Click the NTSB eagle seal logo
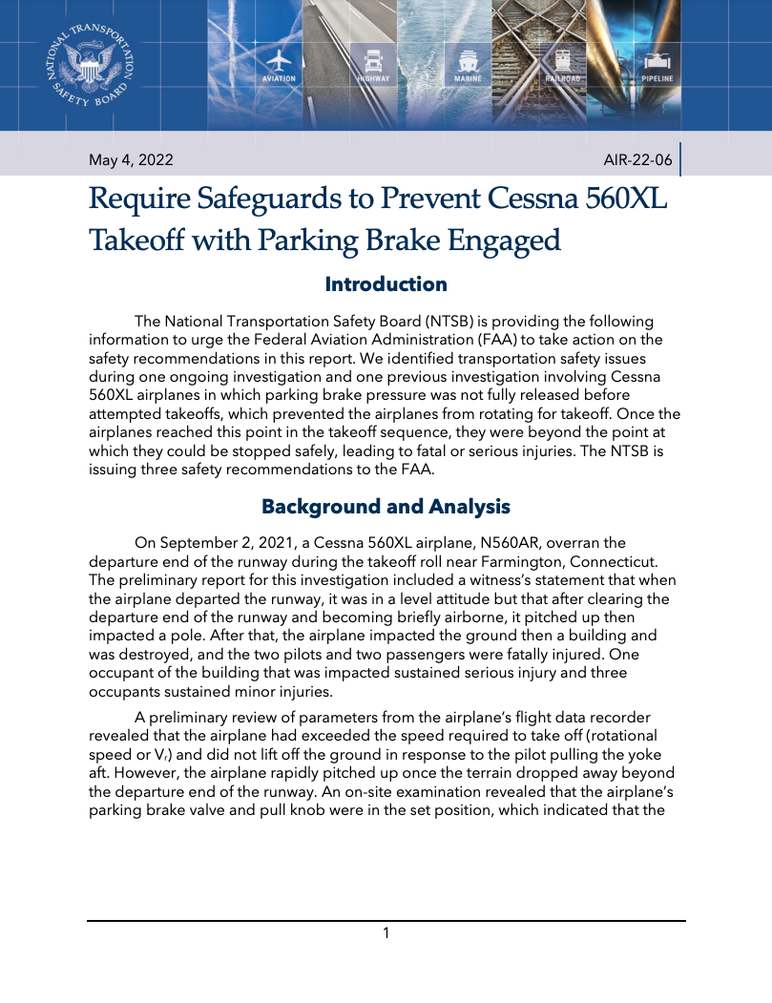91,65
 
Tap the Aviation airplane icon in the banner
279,57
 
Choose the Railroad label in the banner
563,78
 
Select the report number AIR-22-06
637,159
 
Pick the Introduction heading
386,284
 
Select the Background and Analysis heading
386,506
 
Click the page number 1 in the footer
386,932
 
